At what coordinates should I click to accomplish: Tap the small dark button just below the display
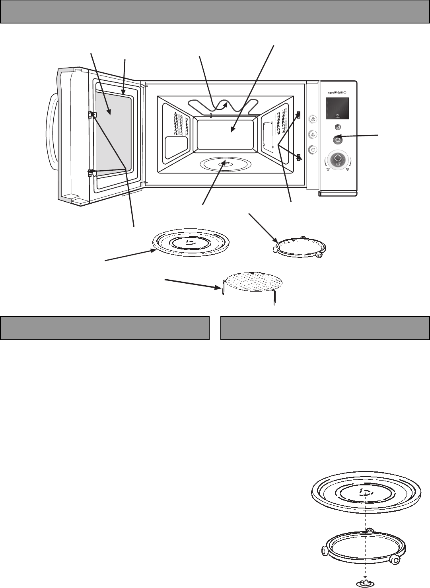point(337,127)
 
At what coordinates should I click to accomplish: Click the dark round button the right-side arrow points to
point(337,139)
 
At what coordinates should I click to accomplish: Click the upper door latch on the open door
point(91,115)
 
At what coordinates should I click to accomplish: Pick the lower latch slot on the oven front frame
point(299,157)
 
